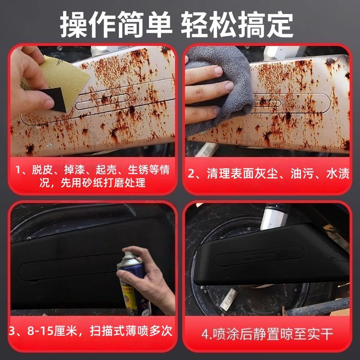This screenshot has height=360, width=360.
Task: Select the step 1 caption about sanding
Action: click(x=92, y=176)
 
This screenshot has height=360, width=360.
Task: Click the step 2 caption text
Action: click(x=268, y=173)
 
